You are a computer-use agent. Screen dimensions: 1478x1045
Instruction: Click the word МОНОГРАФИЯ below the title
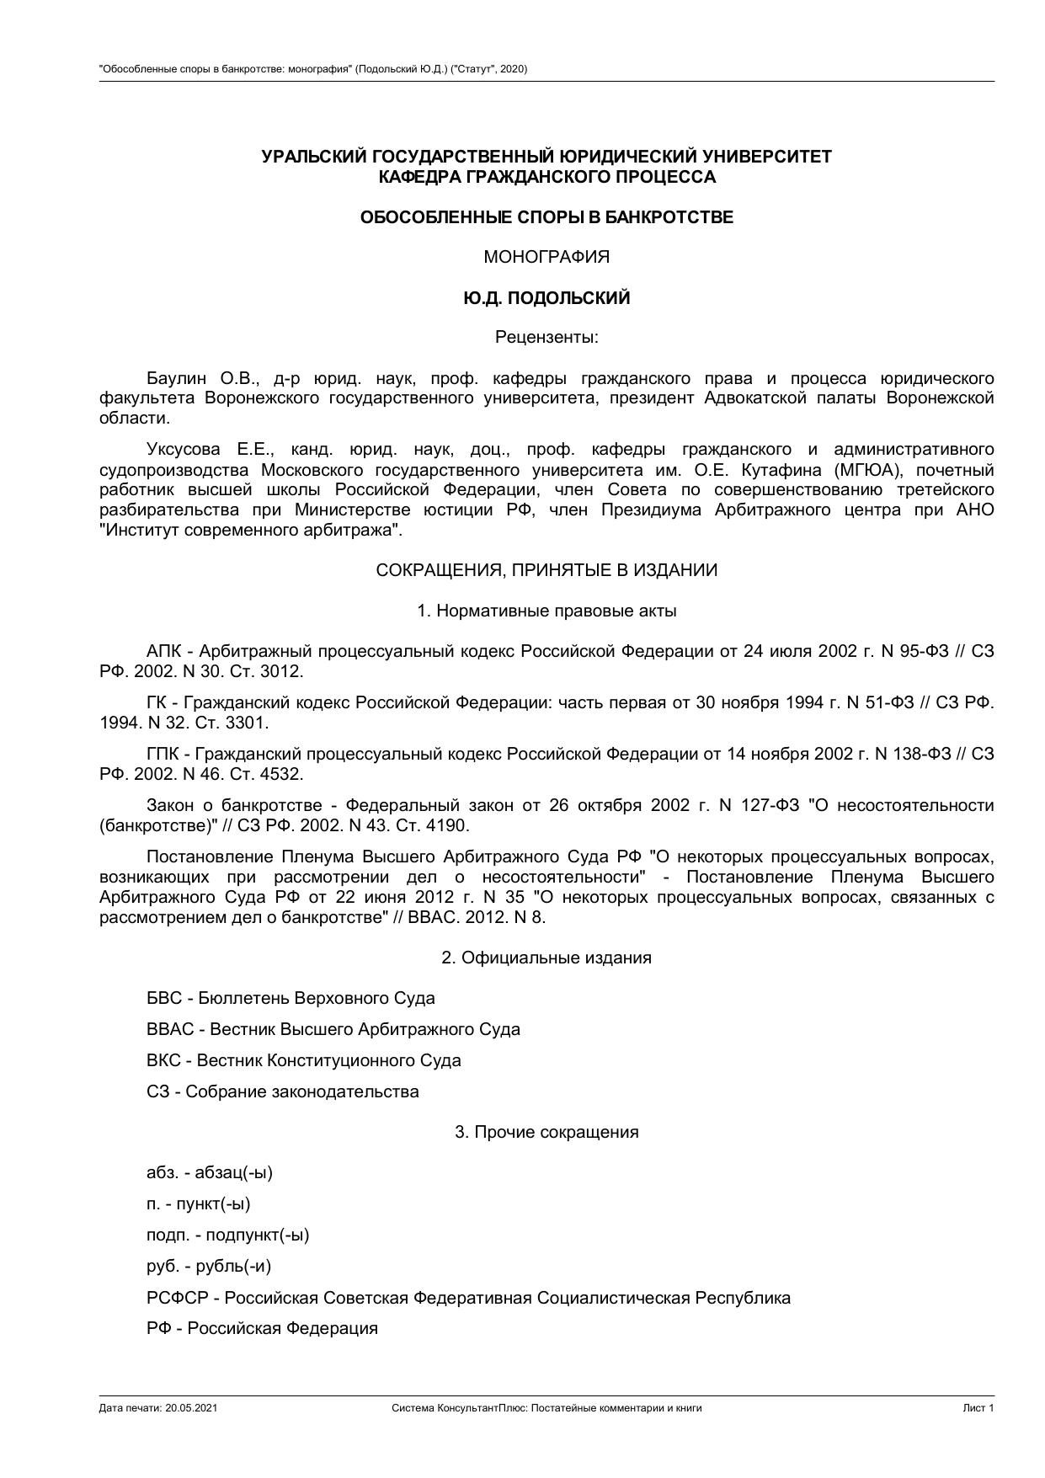(x=546, y=258)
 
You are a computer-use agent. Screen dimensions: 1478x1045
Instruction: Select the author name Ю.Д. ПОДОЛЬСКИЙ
(x=546, y=298)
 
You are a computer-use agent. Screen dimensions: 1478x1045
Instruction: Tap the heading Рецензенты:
(x=546, y=338)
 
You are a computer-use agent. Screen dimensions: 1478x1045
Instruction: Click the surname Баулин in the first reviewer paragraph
(x=176, y=377)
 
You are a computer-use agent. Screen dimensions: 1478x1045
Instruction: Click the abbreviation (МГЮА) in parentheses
(x=856, y=469)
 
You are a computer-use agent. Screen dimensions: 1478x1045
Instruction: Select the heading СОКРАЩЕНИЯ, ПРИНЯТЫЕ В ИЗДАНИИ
(x=546, y=570)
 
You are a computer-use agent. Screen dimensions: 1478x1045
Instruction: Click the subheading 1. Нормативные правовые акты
(x=546, y=611)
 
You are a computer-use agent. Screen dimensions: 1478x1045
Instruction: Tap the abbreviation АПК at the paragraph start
(x=164, y=651)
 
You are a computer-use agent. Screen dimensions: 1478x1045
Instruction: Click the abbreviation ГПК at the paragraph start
(x=163, y=754)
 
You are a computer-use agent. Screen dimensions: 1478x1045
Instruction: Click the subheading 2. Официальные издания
(x=546, y=958)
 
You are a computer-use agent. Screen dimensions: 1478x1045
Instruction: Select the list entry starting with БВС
(x=291, y=998)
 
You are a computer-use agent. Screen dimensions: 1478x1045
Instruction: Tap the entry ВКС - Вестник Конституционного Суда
(x=303, y=1060)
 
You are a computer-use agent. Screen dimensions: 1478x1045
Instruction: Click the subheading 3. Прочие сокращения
(x=546, y=1132)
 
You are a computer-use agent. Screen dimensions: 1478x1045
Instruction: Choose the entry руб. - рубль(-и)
(x=209, y=1266)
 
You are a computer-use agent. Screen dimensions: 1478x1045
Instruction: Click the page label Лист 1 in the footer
(x=978, y=1408)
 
